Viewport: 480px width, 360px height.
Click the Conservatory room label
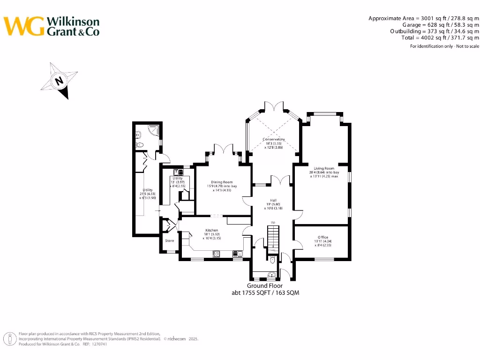(274, 139)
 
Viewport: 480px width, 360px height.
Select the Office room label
(322, 238)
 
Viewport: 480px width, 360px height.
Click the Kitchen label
(211, 231)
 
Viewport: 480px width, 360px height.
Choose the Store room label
(169, 240)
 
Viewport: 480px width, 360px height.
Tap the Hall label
(273, 200)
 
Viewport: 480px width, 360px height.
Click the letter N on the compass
(59, 81)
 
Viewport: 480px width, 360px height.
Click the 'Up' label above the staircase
(273, 222)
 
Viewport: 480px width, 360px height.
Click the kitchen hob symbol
(217, 254)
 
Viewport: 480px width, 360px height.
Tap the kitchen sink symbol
(238, 254)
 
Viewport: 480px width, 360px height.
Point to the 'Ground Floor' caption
(265, 286)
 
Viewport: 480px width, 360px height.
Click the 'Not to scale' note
(465, 46)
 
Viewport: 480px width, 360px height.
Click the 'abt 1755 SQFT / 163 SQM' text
(265, 293)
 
